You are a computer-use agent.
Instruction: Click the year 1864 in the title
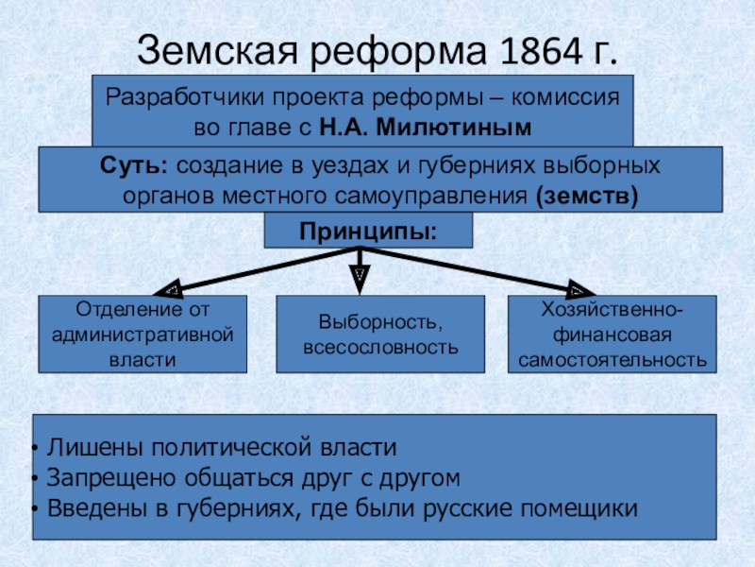coord(541,51)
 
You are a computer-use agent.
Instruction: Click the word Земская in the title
coord(217,51)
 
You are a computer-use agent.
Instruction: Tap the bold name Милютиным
coord(454,128)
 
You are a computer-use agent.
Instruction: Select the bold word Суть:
coord(134,165)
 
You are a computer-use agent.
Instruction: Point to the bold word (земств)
coord(587,197)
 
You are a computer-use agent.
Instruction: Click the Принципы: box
coord(368,231)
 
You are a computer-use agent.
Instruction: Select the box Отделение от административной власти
coord(143,335)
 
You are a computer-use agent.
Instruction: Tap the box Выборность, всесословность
coord(380,335)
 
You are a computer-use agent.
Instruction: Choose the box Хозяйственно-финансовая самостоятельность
coord(612,335)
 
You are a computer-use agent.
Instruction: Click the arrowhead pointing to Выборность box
coord(360,280)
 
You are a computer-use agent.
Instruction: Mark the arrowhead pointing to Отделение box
coord(168,288)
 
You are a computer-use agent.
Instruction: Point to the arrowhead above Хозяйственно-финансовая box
coord(581,288)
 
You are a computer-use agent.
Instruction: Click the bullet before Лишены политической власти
coord(35,448)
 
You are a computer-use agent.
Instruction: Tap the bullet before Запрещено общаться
coord(35,479)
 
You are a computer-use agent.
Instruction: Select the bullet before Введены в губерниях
coord(35,509)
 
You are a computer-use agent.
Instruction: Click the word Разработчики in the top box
coord(184,98)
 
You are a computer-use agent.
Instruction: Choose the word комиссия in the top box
coord(565,98)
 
